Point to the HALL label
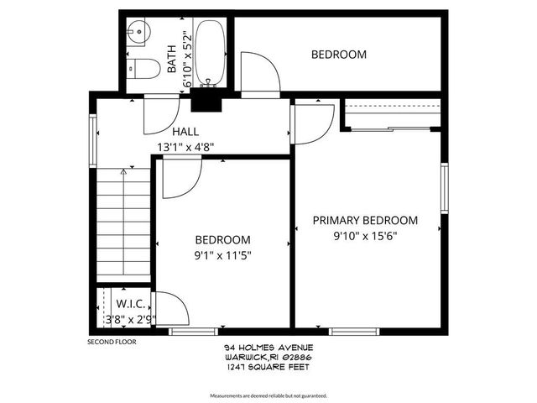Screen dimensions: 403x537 pyautogui.click(x=185, y=132)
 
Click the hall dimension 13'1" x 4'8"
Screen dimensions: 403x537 pyautogui.click(x=185, y=146)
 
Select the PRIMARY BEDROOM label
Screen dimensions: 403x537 pyautogui.click(x=365, y=221)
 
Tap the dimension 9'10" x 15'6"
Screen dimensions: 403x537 pyautogui.click(x=365, y=236)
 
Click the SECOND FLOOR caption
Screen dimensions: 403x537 pyautogui.click(x=112, y=342)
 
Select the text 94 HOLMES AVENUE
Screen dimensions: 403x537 pyautogui.click(x=268, y=347)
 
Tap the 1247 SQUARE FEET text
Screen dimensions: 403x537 pyautogui.click(x=268, y=365)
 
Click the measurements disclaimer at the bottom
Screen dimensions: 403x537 pyautogui.click(x=268, y=395)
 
